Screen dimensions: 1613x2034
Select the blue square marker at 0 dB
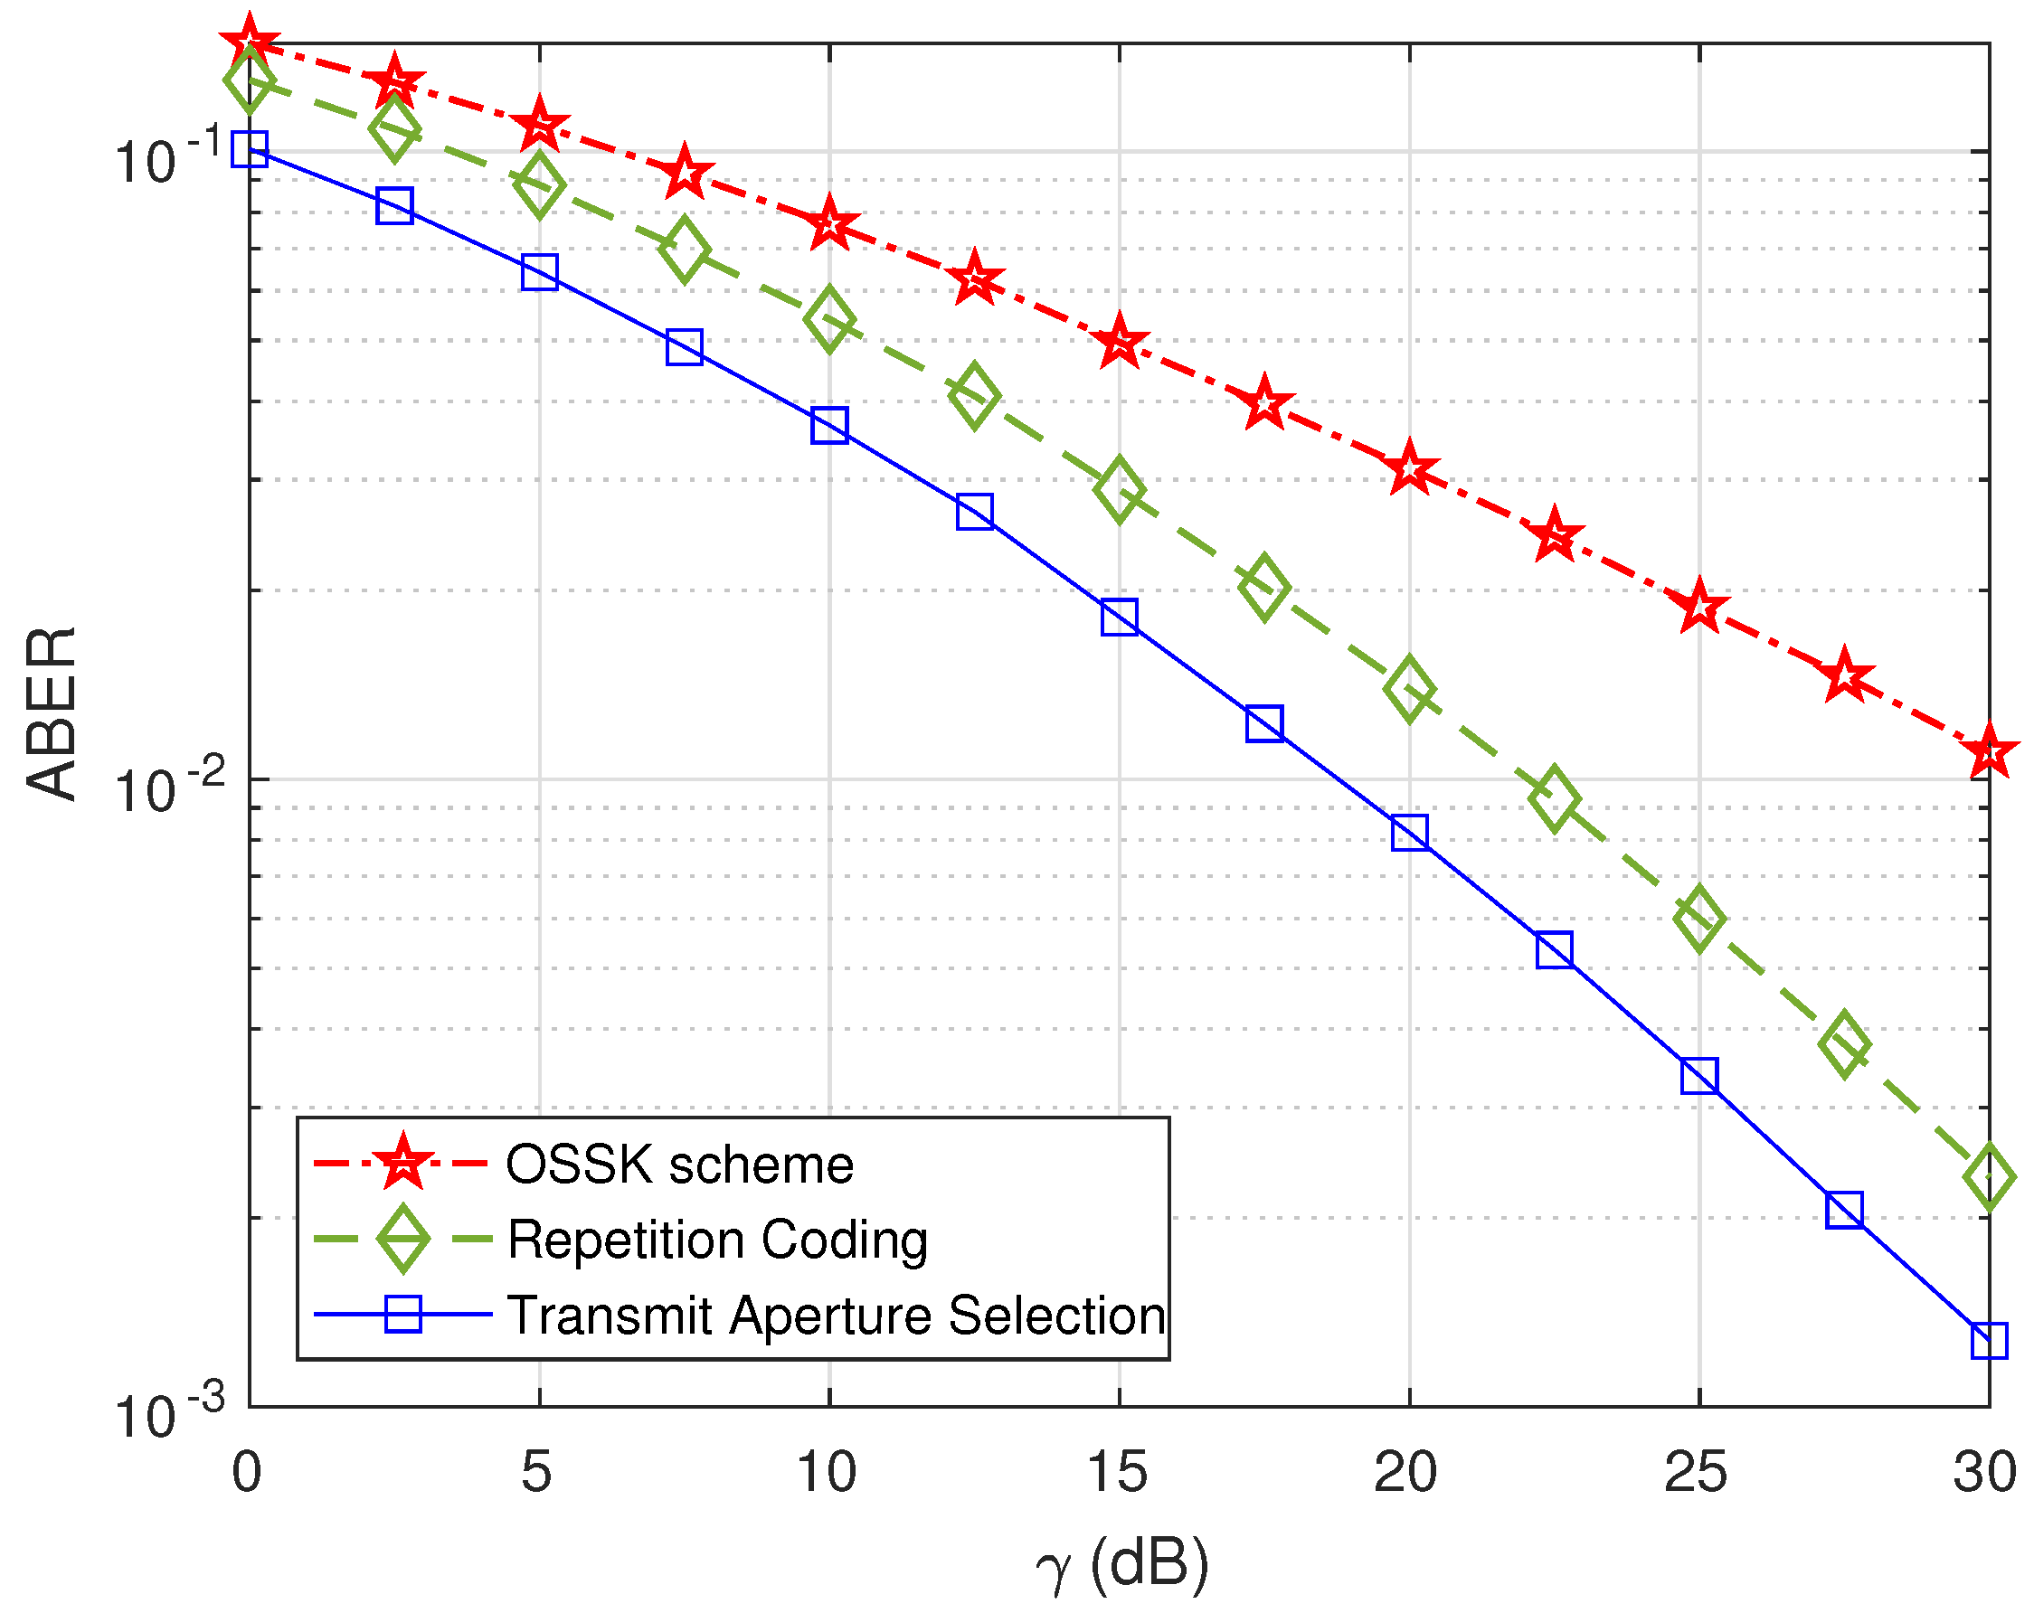click(249, 148)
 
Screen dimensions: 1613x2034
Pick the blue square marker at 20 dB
click(1408, 833)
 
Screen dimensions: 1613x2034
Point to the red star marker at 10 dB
click(829, 224)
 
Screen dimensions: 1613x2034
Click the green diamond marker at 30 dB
click(1989, 1178)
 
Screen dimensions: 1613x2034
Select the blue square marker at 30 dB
click(1989, 1340)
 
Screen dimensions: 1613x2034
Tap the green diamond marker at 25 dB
click(1699, 919)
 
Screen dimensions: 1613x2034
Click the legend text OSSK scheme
click(679, 1165)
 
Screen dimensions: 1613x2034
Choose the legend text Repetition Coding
click(717, 1240)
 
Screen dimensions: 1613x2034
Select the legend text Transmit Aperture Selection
click(836, 1315)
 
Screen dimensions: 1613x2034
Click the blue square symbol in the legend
click(402, 1314)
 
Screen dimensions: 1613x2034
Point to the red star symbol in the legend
click(402, 1163)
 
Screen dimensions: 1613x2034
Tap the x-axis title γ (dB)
click(1121, 1564)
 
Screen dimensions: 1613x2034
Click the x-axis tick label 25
click(1696, 1473)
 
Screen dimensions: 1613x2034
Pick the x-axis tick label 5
click(537, 1473)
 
